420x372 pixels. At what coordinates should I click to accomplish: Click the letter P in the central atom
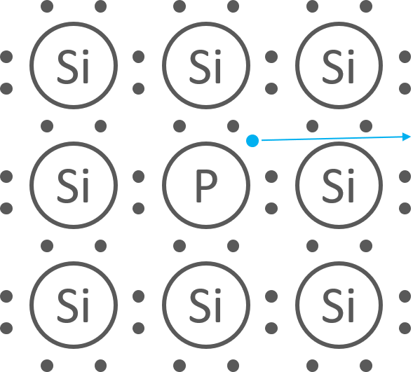205,186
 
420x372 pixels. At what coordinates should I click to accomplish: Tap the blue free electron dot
252,141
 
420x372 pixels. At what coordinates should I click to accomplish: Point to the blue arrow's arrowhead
407,137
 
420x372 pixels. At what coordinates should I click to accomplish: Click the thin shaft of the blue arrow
332,139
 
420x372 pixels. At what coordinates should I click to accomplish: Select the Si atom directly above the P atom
206,66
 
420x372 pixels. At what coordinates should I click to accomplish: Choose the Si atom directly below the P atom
206,305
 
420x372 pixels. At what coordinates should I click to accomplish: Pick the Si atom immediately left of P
74,186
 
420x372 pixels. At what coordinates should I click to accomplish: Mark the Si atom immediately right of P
339,186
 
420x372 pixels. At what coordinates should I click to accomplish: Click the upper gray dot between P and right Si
271,177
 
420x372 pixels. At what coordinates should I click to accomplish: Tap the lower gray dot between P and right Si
271,209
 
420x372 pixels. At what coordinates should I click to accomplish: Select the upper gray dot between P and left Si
139,177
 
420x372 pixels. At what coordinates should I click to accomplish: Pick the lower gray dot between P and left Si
139,209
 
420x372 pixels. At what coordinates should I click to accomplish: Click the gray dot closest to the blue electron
233,126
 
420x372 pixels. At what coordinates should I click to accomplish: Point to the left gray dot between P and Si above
179,126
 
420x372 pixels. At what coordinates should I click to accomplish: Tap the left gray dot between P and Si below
179,246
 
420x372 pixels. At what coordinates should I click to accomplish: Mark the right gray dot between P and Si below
233,246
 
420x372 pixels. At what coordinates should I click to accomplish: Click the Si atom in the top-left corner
74,66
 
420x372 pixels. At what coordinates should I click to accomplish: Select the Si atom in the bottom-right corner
339,305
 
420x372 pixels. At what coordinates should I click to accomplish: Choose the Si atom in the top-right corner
339,66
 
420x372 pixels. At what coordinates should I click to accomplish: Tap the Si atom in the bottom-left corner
74,305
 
